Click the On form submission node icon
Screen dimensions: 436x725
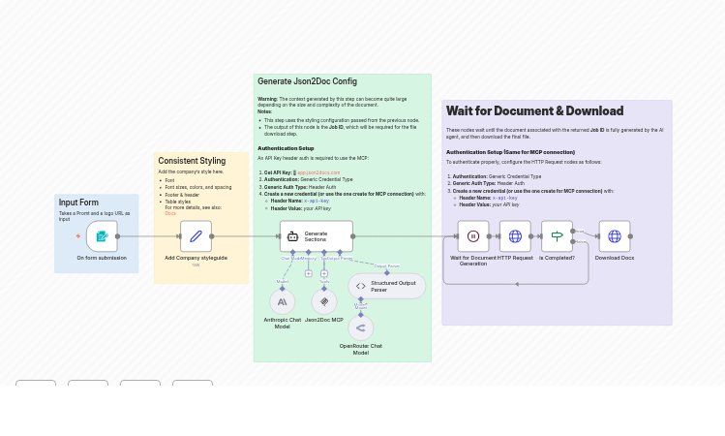point(102,236)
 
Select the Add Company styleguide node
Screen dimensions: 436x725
point(196,236)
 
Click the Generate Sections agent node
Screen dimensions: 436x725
point(316,236)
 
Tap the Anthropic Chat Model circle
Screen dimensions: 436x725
point(282,302)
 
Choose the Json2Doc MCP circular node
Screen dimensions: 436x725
point(324,302)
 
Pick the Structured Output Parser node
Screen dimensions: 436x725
point(386,286)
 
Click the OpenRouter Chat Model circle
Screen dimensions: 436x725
point(360,327)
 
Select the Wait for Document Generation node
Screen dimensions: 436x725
point(473,236)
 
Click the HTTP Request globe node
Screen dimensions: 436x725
point(515,236)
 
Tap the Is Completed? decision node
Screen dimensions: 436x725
point(557,236)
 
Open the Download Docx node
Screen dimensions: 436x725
point(614,236)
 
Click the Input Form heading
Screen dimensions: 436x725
point(78,202)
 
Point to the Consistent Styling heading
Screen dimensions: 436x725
point(192,161)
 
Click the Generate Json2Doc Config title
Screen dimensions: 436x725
point(307,81)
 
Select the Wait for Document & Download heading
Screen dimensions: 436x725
point(534,111)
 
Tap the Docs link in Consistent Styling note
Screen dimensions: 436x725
point(170,213)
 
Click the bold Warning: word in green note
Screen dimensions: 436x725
point(267,99)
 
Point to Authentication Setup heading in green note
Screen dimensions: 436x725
point(286,148)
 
